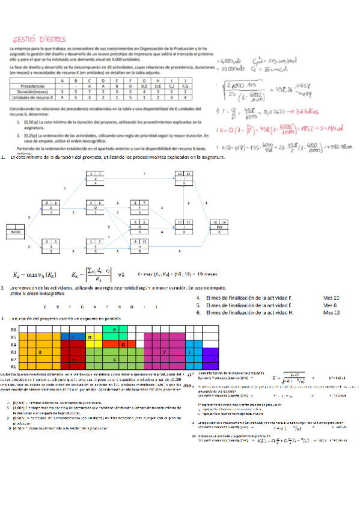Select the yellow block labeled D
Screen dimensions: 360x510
[x=90, y=337]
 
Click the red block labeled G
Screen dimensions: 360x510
[x=123, y=344]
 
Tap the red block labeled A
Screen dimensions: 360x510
[x=73, y=358]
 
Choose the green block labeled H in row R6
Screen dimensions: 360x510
[x=114, y=330]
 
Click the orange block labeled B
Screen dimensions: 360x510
[x=40, y=351]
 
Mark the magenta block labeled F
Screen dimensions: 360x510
[x=164, y=351]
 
